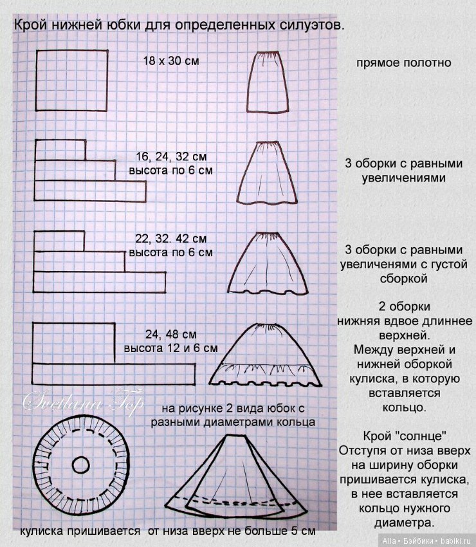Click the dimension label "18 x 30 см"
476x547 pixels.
170,61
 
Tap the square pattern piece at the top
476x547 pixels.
71,80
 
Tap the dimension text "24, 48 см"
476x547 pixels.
170,335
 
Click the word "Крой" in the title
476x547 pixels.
30,26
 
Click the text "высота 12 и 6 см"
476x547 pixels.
170,348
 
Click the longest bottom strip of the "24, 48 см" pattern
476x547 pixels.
114,372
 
